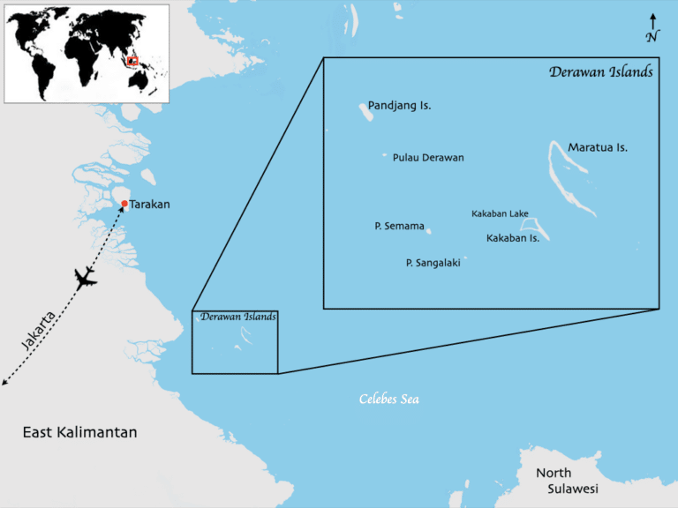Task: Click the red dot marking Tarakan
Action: (x=124, y=205)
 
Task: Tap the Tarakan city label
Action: (x=150, y=205)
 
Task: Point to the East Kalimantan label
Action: (x=79, y=432)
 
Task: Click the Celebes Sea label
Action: (x=388, y=400)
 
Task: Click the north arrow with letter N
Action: (x=652, y=28)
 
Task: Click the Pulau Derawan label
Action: (x=428, y=158)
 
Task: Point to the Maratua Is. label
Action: (x=598, y=147)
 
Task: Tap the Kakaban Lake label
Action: (x=500, y=213)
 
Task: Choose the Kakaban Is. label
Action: (x=513, y=238)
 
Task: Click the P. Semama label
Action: (x=399, y=227)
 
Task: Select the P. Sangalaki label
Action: (x=433, y=262)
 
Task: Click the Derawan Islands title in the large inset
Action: (x=600, y=72)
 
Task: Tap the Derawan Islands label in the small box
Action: (x=238, y=317)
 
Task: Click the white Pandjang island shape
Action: (x=364, y=111)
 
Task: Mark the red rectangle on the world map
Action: (x=133, y=61)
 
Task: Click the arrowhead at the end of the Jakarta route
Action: (x=4, y=384)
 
